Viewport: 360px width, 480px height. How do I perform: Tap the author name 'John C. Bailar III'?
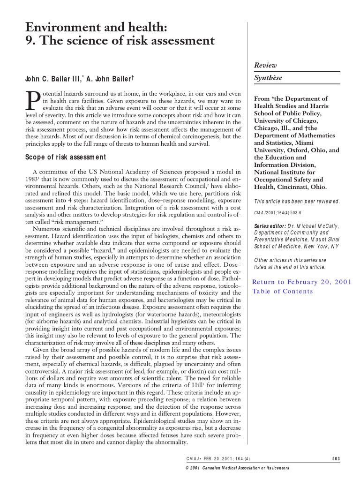(50, 78)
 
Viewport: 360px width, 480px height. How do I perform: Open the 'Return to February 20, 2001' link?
(301, 282)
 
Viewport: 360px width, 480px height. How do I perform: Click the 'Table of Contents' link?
(282, 291)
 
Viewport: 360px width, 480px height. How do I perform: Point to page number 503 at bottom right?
(335, 458)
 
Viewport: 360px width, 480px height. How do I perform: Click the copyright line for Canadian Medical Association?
(238, 468)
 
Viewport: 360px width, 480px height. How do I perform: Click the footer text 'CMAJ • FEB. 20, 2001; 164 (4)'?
(218, 458)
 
